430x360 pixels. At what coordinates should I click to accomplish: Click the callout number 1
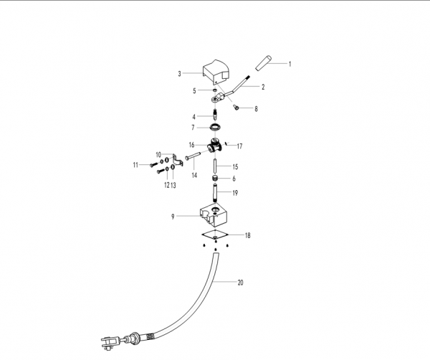click(x=290, y=65)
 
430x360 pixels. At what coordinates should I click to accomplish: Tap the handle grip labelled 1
click(x=263, y=63)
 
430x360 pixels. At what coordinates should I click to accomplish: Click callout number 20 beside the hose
click(x=240, y=283)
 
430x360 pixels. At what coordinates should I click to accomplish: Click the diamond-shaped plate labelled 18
click(x=215, y=235)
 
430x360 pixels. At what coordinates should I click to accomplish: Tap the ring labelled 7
click(x=215, y=128)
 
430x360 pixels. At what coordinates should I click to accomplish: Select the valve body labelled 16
click(x=215, y=146)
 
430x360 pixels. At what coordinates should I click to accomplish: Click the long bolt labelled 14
click(x=193, y=156)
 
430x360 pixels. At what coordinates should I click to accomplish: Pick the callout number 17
click(x=239, y=146)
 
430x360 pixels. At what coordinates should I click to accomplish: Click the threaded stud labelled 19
click(x=215, y=193)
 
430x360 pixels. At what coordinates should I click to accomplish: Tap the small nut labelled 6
click(x=215, y=178)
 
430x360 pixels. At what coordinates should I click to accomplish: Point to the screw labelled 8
click(x=236, y=107)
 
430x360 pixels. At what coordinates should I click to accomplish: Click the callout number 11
click(x=135, y=165)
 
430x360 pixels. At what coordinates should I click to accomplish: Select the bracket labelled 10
click(x=178, y=161)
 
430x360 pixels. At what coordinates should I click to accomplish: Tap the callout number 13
click(x=173, y=186)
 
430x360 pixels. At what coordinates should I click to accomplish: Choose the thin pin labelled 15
click(x=215, y=166)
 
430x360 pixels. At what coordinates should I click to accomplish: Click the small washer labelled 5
click(x=214, y=90)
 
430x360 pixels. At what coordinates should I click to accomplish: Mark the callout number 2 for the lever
click(x=263, y=87)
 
